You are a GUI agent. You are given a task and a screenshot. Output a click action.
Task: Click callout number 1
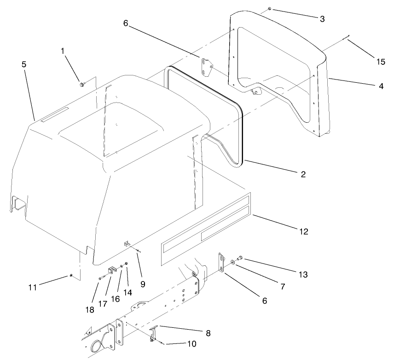coord(63,51)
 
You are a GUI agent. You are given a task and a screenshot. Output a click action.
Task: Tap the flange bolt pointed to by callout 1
coord(81,84)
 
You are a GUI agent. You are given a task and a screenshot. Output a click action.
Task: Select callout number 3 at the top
coord(322,18)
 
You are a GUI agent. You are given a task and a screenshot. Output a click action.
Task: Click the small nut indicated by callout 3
coord(269,9)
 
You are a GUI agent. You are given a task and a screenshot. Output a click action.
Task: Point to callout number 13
coord(302,274)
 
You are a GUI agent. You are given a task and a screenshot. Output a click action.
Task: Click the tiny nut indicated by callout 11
coord(71,275)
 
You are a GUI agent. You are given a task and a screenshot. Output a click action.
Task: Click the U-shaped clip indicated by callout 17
coord(111,271)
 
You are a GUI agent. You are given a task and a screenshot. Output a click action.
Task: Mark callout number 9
coord(143,284)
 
